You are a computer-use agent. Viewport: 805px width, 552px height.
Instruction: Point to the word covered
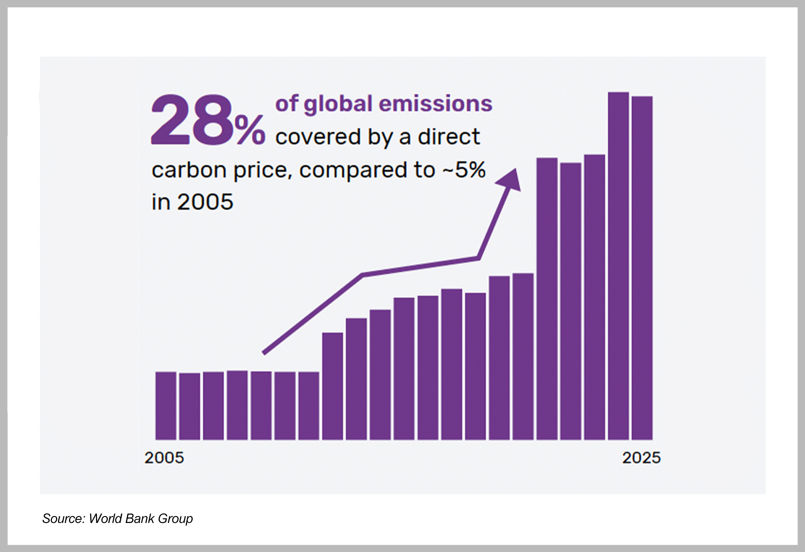(x=318, y=137)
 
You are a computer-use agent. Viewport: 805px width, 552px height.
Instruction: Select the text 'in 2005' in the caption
(x=192, y=202)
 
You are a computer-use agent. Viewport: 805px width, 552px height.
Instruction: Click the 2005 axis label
(x=164, y=458)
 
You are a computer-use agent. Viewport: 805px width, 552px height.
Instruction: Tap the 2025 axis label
(x=641, y=458)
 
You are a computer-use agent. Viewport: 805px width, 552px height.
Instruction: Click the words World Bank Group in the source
(x=141, y=518)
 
